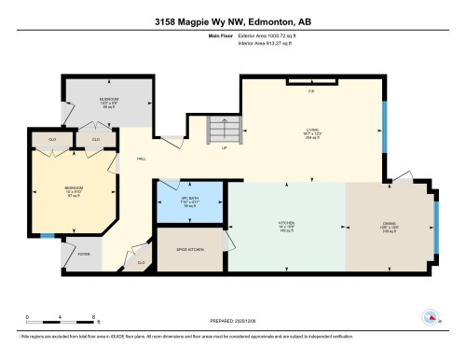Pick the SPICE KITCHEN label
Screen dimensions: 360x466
[x=190, y=249]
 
